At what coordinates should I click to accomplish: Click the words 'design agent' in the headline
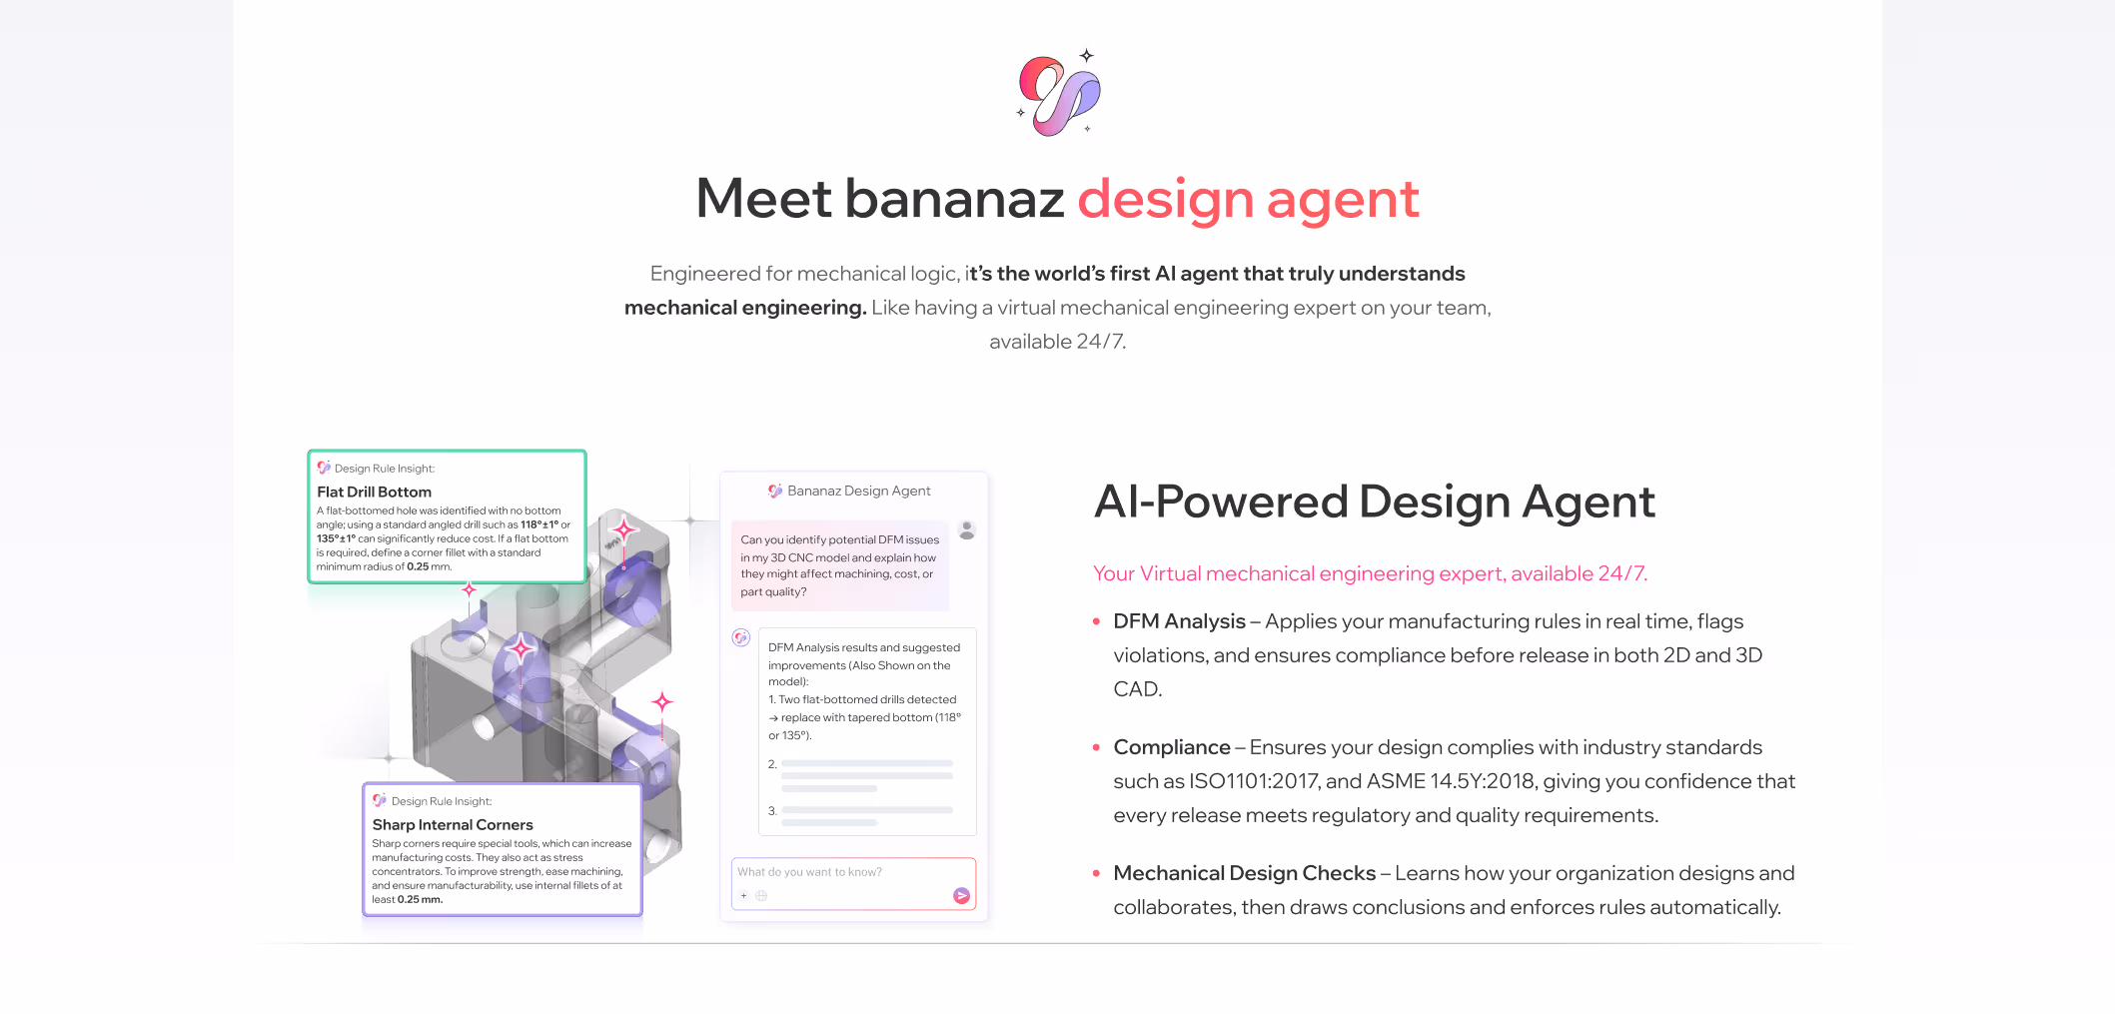(1248, 199)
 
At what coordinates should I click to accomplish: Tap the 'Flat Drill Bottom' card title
(375, 492)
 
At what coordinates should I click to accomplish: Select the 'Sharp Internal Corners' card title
(453, 824)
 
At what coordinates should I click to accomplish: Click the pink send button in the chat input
(961, 896)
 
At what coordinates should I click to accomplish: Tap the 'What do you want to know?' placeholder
(810, 872)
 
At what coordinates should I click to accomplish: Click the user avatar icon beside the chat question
(967, 529)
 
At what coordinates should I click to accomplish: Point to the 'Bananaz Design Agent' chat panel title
(858, 491)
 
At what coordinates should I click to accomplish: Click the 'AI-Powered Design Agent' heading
(1375, 502)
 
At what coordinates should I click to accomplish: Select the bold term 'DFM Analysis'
(1179, 621)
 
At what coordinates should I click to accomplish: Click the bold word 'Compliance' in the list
(1172, 747)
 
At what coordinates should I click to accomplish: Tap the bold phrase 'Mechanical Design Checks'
(1244, 873)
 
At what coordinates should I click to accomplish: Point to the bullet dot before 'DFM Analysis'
(1096, 621)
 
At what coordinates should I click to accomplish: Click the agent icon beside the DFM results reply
(741, 637)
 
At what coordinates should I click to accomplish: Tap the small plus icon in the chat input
(744, 895)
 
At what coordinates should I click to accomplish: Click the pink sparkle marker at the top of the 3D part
(624, 528)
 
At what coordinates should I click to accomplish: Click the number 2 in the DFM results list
(772, 764)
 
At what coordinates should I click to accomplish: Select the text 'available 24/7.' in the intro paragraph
(1057, 342)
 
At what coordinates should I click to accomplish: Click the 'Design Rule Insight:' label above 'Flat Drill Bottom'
(385, 469)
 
